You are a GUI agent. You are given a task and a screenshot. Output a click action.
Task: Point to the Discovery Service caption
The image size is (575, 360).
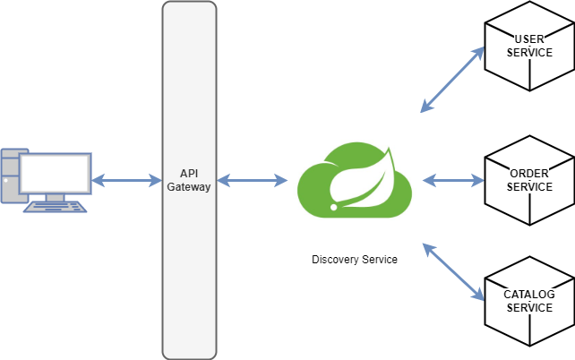click(x=355, y=260)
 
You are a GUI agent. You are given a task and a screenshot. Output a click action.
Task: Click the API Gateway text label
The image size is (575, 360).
click(x=189, y=180)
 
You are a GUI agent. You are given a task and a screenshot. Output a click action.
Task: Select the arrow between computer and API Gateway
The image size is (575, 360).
click(x=126, y=182)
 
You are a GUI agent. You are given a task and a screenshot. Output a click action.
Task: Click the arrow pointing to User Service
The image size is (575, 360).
click(x=452, y=81)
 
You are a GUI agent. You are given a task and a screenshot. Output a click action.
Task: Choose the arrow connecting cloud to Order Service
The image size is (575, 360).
click(x=452, y=181)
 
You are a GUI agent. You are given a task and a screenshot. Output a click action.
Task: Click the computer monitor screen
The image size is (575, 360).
click(x=55, y=173)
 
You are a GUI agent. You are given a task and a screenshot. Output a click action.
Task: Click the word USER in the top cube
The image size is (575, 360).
click(x=529, y=39)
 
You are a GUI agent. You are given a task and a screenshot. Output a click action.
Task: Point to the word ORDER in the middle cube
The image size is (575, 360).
click(x=529, y=173)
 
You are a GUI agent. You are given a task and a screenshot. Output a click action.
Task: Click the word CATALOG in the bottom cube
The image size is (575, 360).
click(x=529, y=294)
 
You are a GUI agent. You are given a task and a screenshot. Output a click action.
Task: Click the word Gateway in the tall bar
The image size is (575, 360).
click(x=189, y=186)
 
